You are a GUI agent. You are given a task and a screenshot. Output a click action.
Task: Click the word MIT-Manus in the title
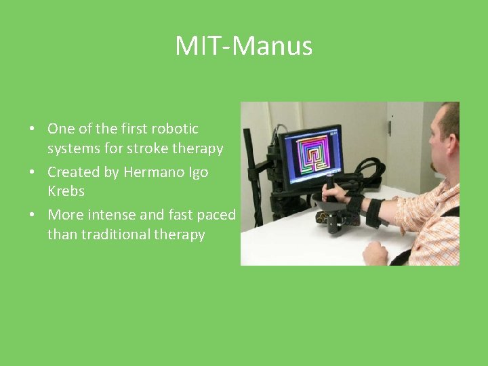[x=244, y=46]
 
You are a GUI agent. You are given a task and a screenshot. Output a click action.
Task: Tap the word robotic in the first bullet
[x=175, y=129]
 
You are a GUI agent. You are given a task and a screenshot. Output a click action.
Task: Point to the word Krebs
[x=66, y=191]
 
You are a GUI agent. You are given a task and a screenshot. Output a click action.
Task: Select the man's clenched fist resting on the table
[x=374, y=253]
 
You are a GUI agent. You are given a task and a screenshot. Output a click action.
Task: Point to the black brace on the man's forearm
[x=373, y=211]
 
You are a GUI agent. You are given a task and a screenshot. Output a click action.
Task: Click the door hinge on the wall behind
[x=389, y=126]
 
